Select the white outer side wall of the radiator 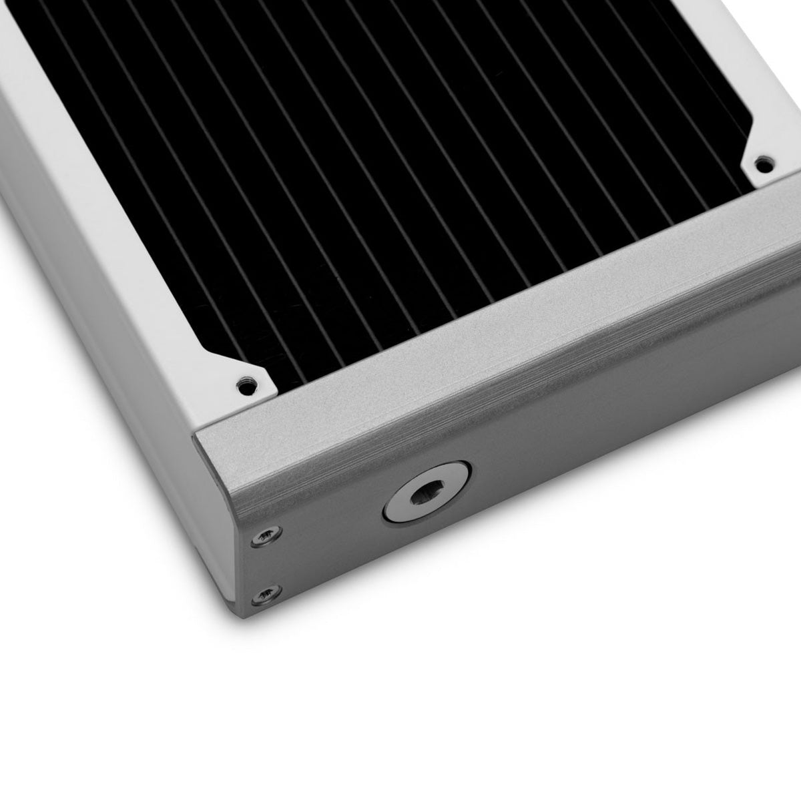[100, 334]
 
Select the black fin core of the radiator [400, 167]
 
